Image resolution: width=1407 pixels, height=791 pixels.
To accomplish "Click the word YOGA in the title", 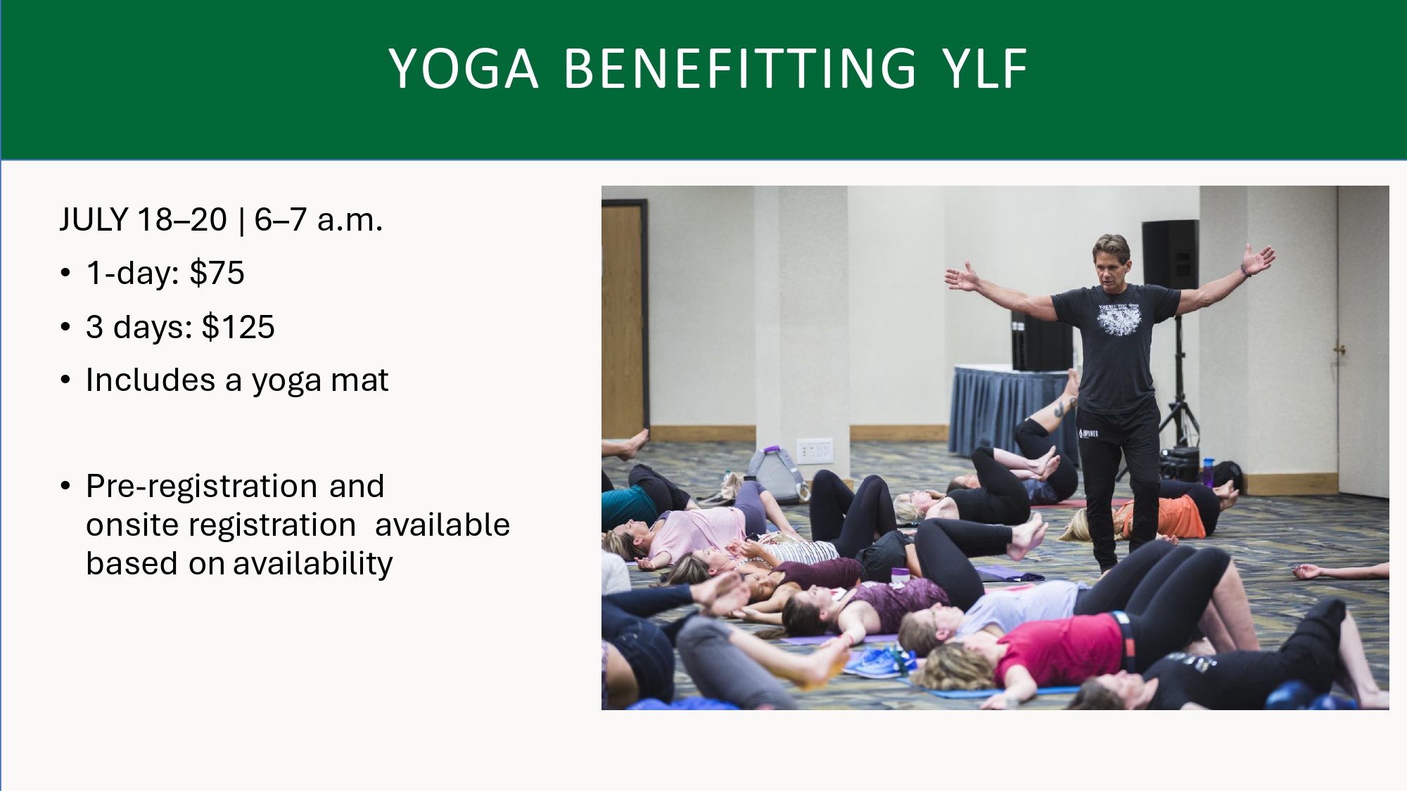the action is pyautogui.click(x=464, y=69).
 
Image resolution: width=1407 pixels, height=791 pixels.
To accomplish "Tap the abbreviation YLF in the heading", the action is pyautogui.click(x=986, y=69).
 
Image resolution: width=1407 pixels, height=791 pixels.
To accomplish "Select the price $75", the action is pyautogui.click(x=217, y=273).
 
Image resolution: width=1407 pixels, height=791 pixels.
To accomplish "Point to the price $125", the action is pyautogui.click(x=238, y=327).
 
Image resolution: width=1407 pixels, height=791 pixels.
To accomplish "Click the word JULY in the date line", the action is pyautogui.click(x=94, y=220).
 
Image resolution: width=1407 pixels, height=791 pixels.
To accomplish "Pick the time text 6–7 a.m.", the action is pyautogui.click(x=319, y=220).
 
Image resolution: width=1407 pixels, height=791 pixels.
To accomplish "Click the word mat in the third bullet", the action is pyautogui.click(x=359, y=380).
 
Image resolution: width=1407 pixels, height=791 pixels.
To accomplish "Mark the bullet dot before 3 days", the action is pyautogui.click(x=65, y=327).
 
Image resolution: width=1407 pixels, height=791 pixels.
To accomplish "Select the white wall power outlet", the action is pyautogui.click(x=814, y=451).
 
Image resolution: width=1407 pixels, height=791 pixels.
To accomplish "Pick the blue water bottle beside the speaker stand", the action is pyautogui.click(x=1208, y=472).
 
